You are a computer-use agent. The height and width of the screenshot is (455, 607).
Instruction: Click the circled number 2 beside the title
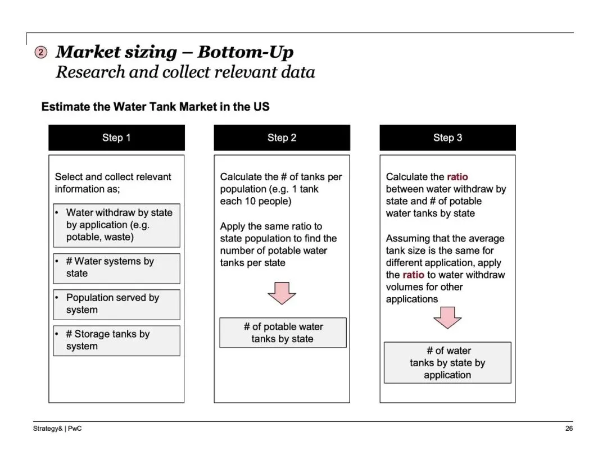41,53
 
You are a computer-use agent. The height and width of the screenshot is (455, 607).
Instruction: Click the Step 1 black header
116,138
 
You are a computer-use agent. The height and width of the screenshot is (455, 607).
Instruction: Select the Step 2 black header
282,138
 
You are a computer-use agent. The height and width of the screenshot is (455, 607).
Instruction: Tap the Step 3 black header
447,138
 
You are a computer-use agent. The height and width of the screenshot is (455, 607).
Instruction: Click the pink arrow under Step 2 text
282,292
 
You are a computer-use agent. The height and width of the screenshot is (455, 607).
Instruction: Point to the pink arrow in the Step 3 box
447,317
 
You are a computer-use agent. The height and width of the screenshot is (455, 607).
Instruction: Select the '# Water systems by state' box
116,268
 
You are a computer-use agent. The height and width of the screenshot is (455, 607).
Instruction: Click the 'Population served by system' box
116,304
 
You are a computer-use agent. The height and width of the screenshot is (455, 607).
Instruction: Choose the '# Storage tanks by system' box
116,340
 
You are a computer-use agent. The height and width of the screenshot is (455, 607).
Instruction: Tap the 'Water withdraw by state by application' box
116,225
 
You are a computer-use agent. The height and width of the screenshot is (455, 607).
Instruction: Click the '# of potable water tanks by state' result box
283,333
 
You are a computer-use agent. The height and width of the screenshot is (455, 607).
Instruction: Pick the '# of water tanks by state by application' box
447,363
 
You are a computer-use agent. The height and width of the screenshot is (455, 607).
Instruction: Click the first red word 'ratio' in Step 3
457,177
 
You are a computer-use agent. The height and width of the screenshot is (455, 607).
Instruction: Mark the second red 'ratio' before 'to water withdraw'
413,275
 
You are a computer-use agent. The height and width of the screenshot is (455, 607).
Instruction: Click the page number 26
569,429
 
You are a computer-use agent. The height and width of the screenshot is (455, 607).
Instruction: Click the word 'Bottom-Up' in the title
246,52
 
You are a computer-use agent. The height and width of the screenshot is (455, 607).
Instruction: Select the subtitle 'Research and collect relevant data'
185,72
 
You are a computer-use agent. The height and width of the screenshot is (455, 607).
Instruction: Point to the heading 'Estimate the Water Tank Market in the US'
156,107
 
